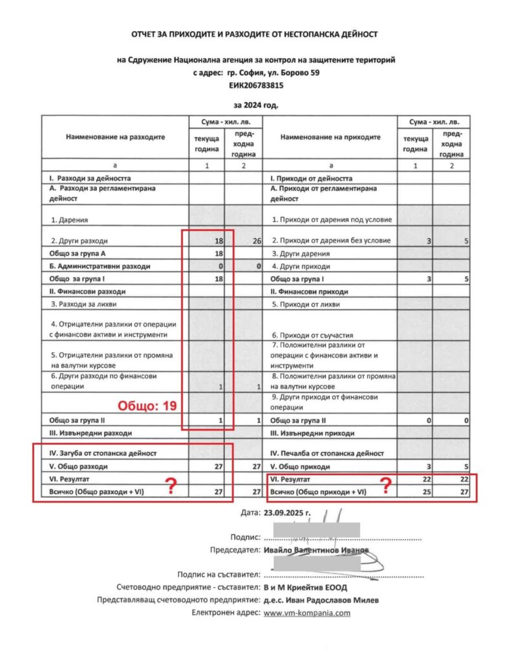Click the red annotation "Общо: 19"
[x=147, y=406]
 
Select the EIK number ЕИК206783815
[x=256, y=85]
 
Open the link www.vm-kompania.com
[x=307, y=613]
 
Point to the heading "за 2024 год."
[x=256, y=104]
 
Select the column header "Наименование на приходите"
[x=330, y=137]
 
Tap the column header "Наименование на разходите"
[x=115, y=137]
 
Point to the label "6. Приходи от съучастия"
[x=308, y=336]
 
